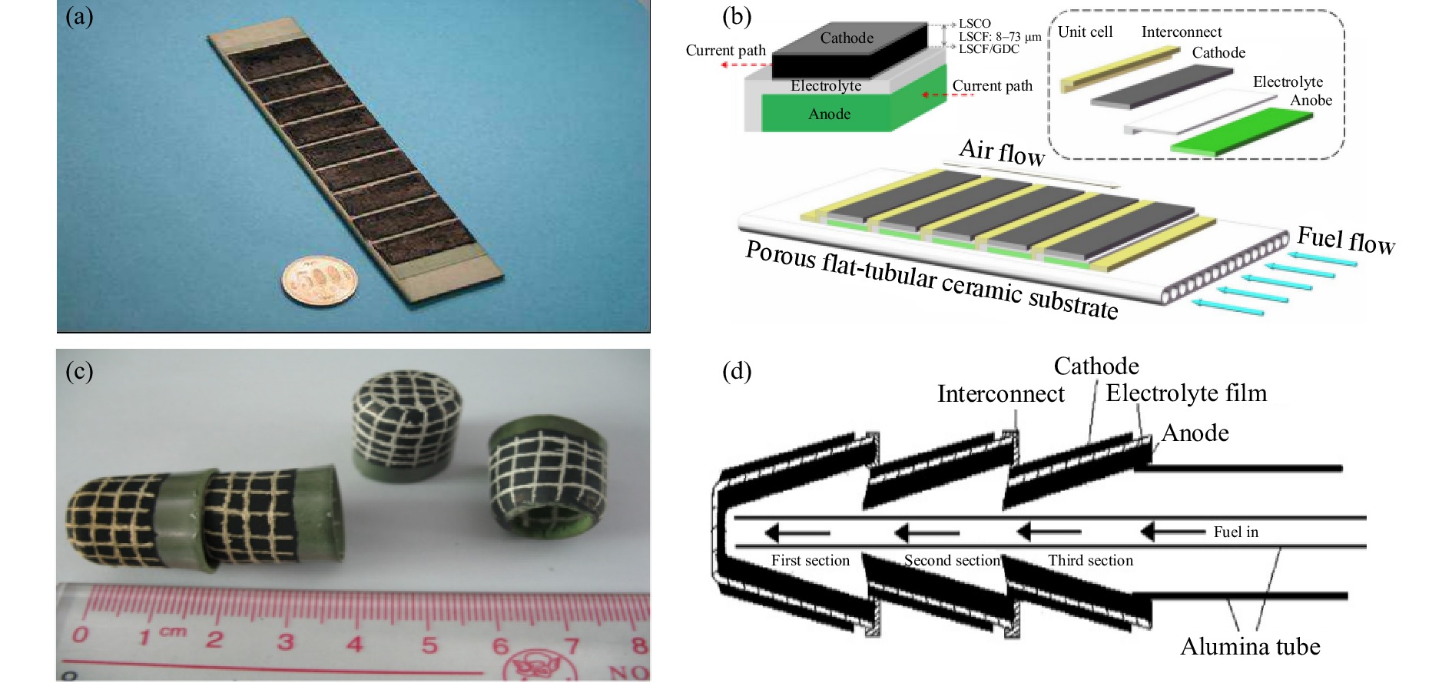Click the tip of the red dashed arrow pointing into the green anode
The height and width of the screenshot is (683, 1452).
coord(923,95)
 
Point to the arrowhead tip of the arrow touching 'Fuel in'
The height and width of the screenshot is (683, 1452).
coord(1142,532)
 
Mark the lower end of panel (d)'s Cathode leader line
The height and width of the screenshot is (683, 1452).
coord(1089,444)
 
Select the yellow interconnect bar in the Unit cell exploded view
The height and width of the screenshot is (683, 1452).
coord(1119,70)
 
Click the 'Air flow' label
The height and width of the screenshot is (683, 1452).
coord(1002,151)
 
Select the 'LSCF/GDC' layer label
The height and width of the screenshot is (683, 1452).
coord(989,49)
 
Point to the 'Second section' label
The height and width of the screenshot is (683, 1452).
coord(953,561)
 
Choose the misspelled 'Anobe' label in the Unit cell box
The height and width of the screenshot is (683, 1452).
coord(1311,101)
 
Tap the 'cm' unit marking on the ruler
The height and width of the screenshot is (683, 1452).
coord(173,632)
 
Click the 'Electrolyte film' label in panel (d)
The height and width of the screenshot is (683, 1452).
coord(1186,393)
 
